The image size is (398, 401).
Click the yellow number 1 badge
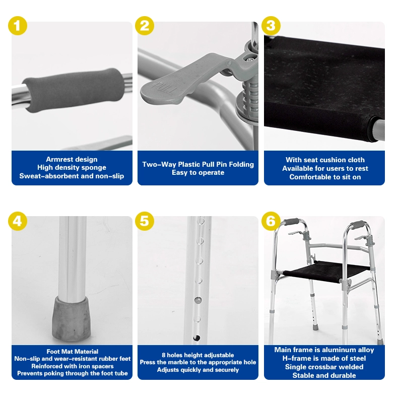click(18, 26)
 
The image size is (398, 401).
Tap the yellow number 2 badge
click(145, 26)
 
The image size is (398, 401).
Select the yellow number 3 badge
click(271, 26)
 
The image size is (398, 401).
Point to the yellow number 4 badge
click(18, 221)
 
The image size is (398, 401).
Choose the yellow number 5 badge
click(145, 221)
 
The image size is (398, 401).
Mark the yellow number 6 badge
click(271, 221)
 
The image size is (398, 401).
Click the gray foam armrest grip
click(72, 91)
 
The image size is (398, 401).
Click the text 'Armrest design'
click(72, 160)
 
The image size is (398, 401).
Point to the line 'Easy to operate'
click(198, 173)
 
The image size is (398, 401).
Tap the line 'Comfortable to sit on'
click(325, 177)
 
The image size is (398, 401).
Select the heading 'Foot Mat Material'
click(72, 351)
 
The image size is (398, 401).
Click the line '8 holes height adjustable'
click(198, 355)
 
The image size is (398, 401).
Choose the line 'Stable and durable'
click(324, 375)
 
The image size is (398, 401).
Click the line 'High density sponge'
click(72, 168)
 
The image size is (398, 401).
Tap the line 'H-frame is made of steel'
click(324, 358)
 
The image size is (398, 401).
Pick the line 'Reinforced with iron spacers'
click(72, 366)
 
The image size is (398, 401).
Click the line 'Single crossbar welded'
click(324, 367)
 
